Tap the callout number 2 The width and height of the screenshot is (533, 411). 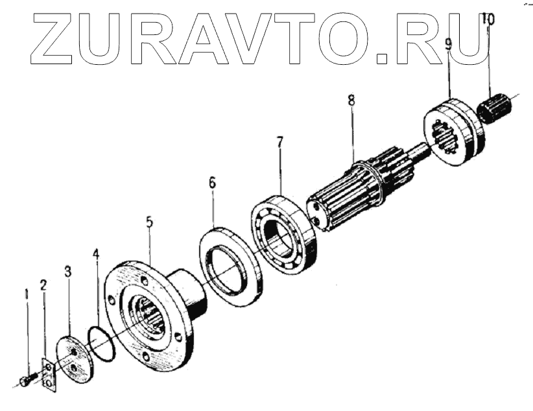pyautogui.click(x=43, y=285)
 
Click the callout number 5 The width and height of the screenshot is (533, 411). pyautogui.click(x=149, y=222)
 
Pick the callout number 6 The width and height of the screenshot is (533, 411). pyautogui.click(x=212, y=183)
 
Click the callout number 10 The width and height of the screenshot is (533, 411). pyautogui.click(x=488, y=20)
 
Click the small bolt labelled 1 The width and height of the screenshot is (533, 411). pyautogui.click(x=25, y=381)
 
